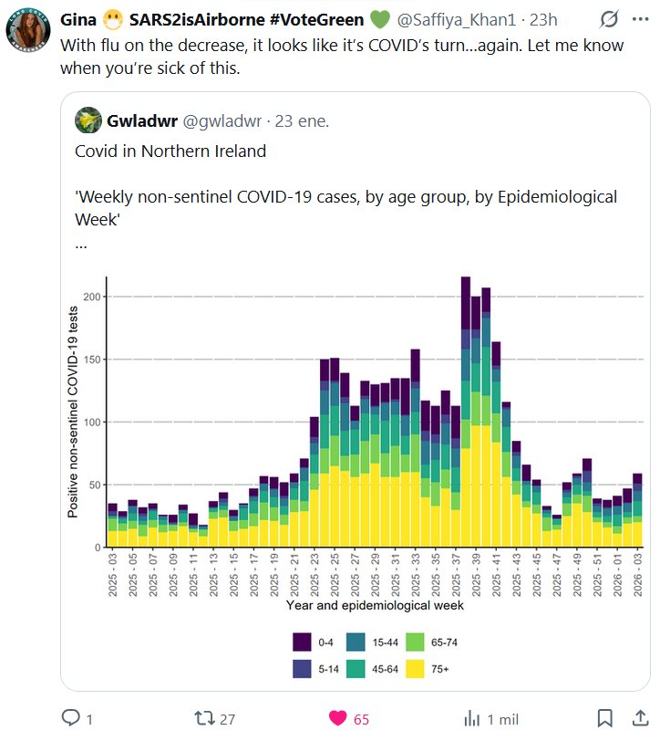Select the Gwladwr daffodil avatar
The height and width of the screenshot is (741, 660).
tap(88, 120)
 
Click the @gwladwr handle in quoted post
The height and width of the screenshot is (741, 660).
tap(222, 120)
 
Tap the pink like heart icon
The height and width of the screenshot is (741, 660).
tap(338, 718)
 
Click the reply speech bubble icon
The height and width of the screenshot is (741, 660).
tap(71, 718)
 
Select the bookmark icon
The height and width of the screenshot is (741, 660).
tap(604, 718)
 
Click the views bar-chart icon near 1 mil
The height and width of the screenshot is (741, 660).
tap(472, 718)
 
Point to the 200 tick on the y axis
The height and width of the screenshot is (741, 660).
tap(93, 297)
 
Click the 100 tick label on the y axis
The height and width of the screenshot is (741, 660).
tap(93, 423)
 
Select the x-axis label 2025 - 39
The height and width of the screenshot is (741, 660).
tap(478, 574)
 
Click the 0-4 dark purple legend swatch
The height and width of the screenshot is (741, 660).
tap(303, 642)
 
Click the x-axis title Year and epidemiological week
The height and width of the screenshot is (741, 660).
tap(375, 605)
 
